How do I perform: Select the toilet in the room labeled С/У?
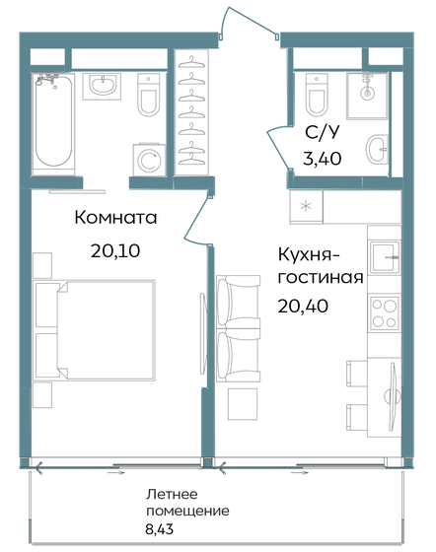[317, 95]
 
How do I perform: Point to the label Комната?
[115, 218]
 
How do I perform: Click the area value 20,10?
[115, 250]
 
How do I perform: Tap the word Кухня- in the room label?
[311, 252]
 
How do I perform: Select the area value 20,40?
[303, 306]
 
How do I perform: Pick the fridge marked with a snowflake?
[305, 206]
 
